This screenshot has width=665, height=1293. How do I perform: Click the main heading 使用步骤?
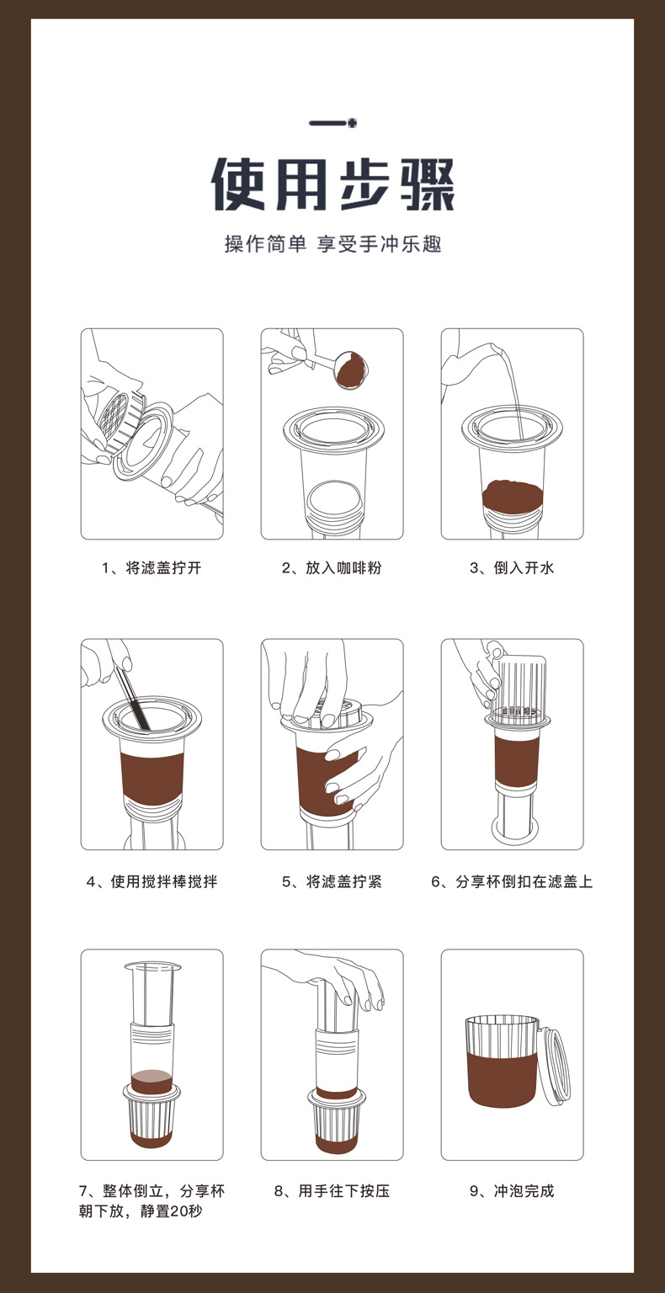tap(333, 184)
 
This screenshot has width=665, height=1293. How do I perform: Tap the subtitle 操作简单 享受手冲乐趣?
tap(333, 245)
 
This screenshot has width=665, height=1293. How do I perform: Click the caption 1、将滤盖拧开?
tap(152, 568)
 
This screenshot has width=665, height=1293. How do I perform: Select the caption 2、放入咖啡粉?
tap(332, 568)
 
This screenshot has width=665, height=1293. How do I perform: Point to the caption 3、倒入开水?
tap(512, 568)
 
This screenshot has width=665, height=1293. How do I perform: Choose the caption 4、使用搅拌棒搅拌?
tap(152, 881)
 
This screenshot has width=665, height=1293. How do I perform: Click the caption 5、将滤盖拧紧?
tap(332, 881)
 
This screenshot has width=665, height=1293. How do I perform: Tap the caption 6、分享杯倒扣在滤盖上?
tap(512, 881)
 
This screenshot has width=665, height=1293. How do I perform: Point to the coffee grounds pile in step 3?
tap(512, 492)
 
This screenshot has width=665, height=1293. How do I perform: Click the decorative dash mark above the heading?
tap(333, 123)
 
